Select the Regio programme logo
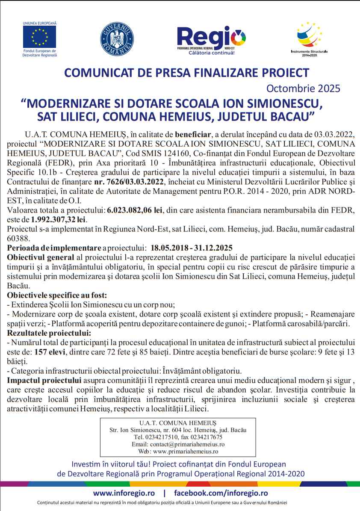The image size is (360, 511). pos(212,39)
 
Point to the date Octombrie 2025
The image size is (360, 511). pos(303,89)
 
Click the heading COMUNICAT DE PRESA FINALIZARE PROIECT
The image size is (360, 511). pos(186,73)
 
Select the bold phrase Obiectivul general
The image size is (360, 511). pos(41,257)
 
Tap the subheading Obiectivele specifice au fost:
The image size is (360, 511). pos(57,295)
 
